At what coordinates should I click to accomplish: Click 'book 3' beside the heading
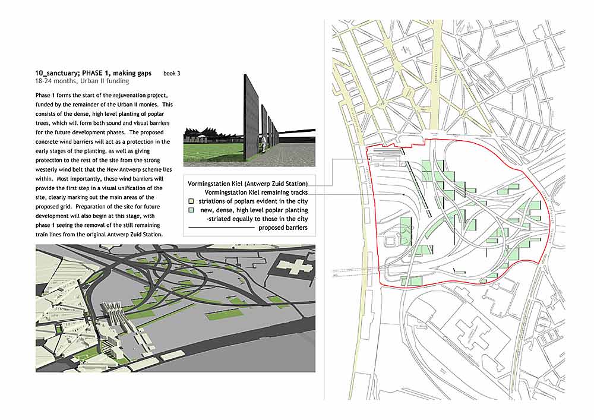pos(172,73)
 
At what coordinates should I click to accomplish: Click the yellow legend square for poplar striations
pos(191,201)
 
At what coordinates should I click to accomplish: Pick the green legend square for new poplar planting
pos(191,210)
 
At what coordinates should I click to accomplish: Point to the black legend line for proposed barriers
pos(220,228)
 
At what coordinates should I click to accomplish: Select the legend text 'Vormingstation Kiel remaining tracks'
pos(256,193)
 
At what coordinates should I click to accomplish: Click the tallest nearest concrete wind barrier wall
pos(252,119)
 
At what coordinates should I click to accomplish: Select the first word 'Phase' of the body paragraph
pos(43,96)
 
